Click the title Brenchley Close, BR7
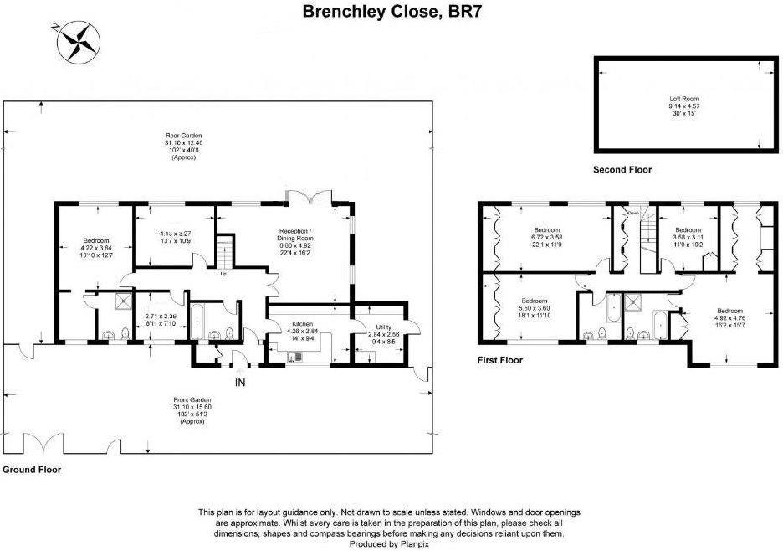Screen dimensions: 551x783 coord(391,12)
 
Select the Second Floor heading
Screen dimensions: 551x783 coord(622,170)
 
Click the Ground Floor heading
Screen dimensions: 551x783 coord(31,470)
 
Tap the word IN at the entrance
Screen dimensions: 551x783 coord(240,383)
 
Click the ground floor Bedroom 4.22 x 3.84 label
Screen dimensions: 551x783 coord(95,248)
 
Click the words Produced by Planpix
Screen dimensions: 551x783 coord(391,543)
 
